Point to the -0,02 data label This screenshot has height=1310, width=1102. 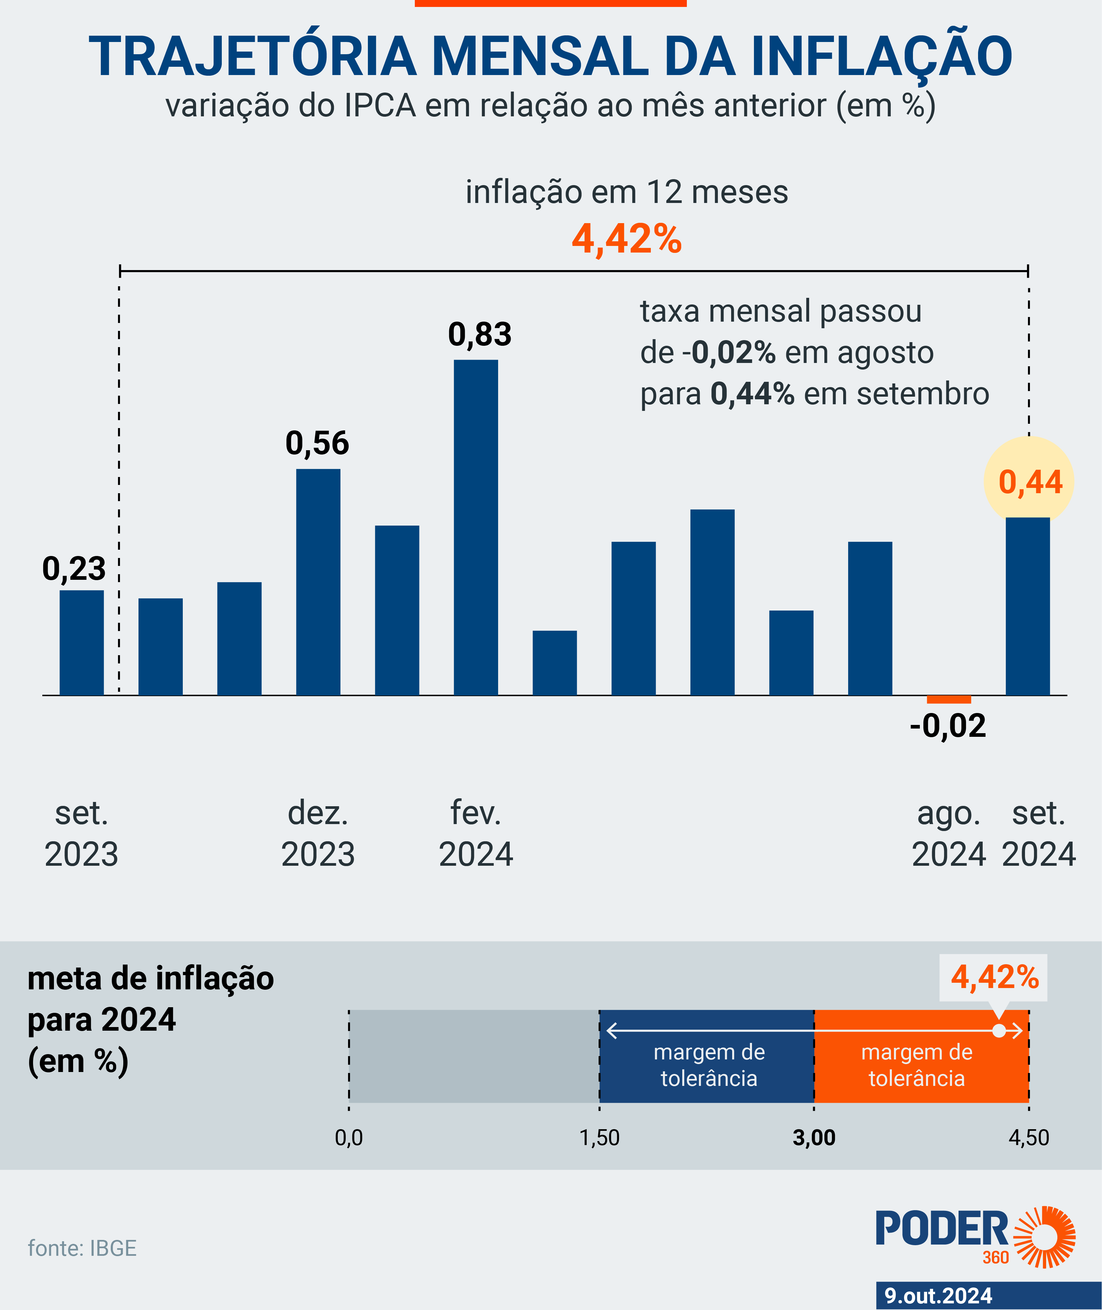(x=948, y=726)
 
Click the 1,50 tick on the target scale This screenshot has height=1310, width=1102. (x=599, y=1137)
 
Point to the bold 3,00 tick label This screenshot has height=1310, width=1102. (x=813, y=1137)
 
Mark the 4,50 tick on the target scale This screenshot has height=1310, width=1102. (x=1028, y=1137)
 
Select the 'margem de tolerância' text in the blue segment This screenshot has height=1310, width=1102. (x=709, y=1065)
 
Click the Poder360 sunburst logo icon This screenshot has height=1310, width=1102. (x=1044, y=1237)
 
